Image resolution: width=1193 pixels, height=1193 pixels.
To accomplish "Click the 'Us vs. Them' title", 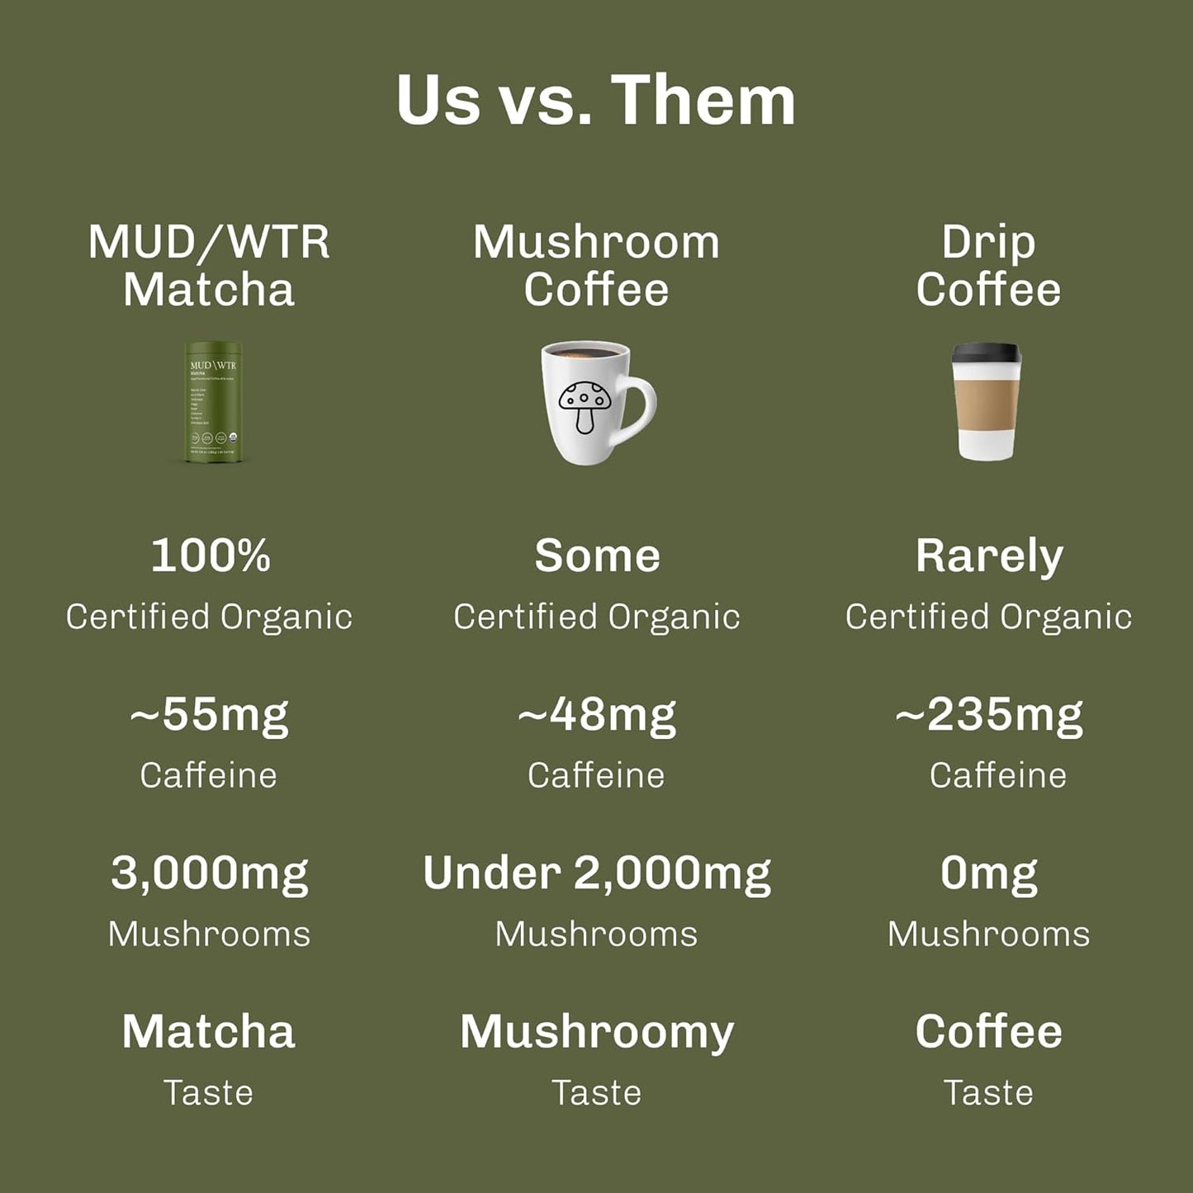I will [595, 101].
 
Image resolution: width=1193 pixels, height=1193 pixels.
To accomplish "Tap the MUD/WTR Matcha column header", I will [209, 266].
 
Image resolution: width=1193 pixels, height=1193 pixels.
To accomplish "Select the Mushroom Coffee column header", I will [596, 266].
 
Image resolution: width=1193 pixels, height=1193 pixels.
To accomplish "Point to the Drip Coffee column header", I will [988, 266].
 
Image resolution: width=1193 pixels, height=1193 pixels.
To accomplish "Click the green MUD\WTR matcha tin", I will [213, 402].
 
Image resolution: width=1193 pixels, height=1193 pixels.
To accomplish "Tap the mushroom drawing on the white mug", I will [585, 404].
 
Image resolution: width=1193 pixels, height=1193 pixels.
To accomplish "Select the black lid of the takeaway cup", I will [987, 353].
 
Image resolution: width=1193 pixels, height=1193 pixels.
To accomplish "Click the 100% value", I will [211, 556].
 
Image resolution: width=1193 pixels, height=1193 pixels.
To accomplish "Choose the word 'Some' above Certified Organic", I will [597, 556].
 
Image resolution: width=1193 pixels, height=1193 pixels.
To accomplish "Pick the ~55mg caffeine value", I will [209, 715].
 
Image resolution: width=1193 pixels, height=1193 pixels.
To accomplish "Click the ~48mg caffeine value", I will [596, 715].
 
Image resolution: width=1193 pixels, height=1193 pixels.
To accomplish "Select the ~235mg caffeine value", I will [989, 715].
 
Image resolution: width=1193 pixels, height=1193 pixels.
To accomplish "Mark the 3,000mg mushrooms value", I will [210, 873].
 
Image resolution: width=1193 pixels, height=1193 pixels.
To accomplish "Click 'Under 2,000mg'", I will [596, 873].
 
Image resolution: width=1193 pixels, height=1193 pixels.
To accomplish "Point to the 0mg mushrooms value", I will [989, 873].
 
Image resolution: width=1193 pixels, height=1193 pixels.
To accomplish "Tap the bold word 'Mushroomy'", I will [596, 1033].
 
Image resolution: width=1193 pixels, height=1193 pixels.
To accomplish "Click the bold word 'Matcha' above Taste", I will [209, 1032].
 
